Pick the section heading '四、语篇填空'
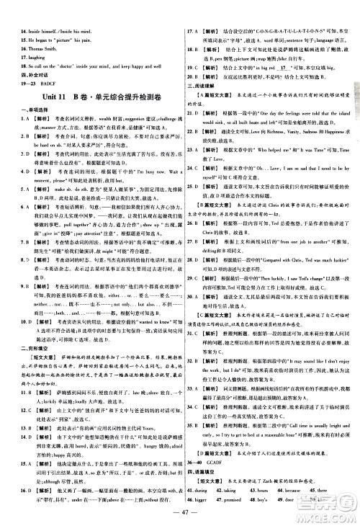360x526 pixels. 204,472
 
